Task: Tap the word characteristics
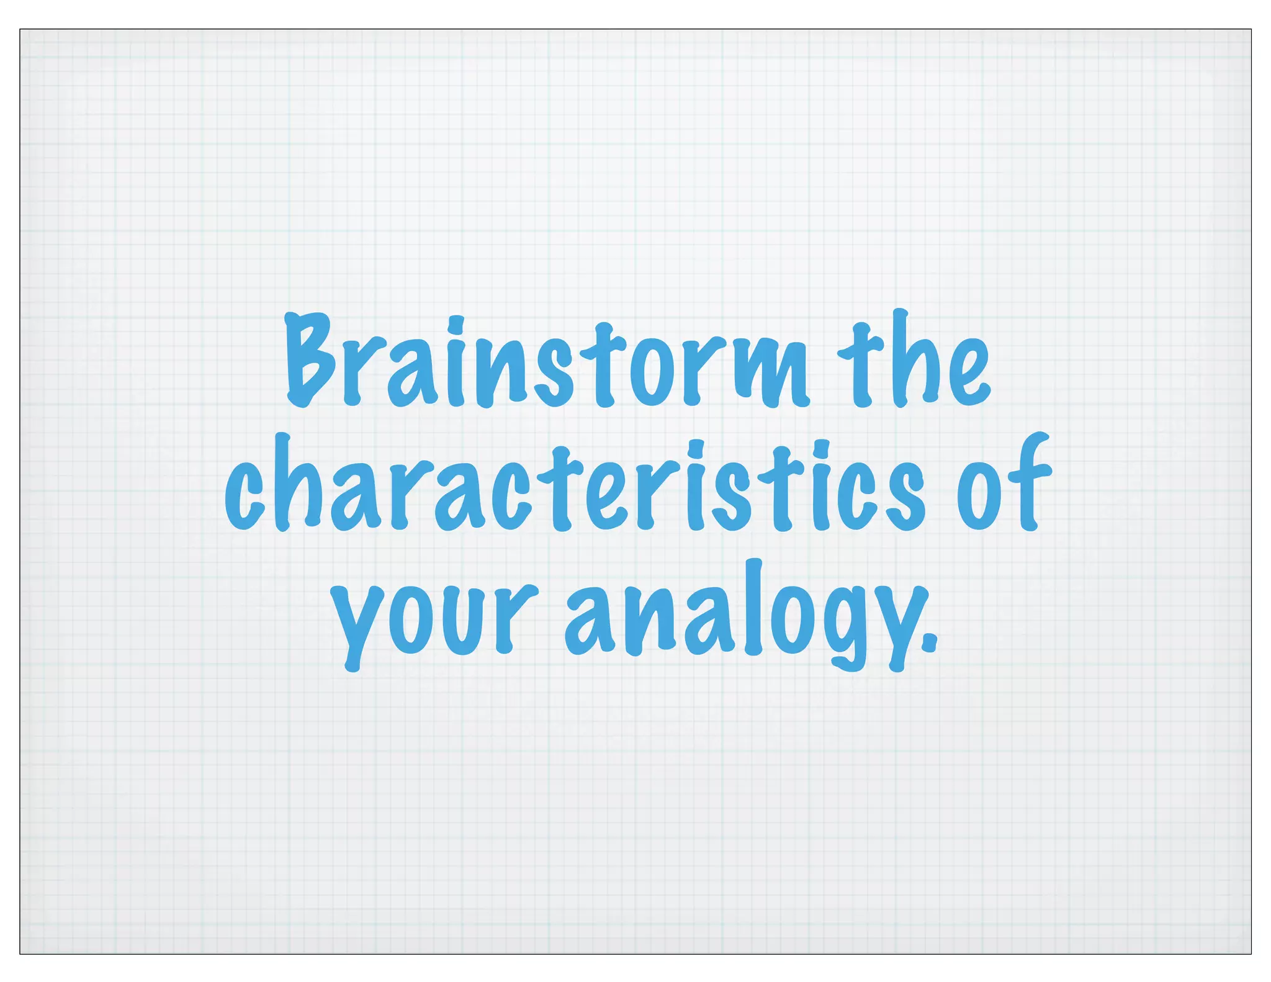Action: click(575, 487)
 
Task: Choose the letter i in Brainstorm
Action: click(456, 366)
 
